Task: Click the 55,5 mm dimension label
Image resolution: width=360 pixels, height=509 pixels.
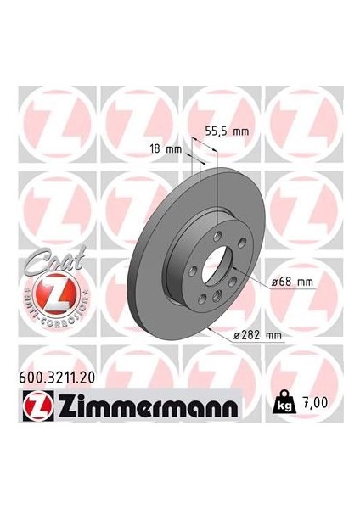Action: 228,131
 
